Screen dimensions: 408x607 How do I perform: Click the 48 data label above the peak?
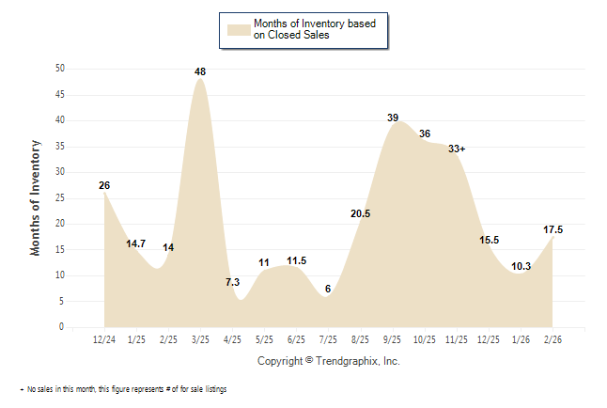(x=200, y=71)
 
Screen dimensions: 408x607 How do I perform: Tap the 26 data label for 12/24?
(x=104, y=185)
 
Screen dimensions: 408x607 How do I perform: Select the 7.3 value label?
(x=233, y=282)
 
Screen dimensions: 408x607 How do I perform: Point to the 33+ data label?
(x=458, y=149)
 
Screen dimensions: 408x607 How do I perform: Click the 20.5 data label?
(x=360, y=213)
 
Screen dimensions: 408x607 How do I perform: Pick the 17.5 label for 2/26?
(x=553, y=229)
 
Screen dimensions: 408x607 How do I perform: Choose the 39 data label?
(x=393, y=118)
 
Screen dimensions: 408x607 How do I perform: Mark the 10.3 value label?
(x=521, y=266)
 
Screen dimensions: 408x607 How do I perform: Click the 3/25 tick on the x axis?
(x=200, y=339)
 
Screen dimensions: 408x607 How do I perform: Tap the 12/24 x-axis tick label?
(x=104, y=339)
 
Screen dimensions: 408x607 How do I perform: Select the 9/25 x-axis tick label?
(x=393, y=339)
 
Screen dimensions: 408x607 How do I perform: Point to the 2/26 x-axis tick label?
(x=553, y=339)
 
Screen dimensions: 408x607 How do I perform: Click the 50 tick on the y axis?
(x=59, y=69)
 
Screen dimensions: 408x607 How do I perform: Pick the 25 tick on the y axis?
(x=59, y=197)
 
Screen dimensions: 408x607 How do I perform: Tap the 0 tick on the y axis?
(x=62, y=327)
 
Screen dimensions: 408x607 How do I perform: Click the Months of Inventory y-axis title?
(x=36, y=197)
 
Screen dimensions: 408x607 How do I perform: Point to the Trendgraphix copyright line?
(x=329, y=361)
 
